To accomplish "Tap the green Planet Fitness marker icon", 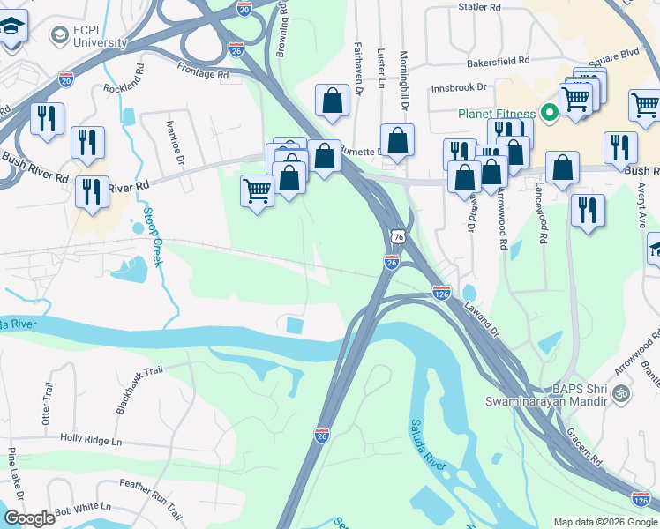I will coord(548,113).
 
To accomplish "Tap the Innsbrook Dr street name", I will coord(459,88).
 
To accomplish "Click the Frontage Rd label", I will coord(201,75).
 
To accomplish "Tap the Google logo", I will coord(29,519).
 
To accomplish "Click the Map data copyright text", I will coord(604,522).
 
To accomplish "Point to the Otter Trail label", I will coord(48,405).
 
